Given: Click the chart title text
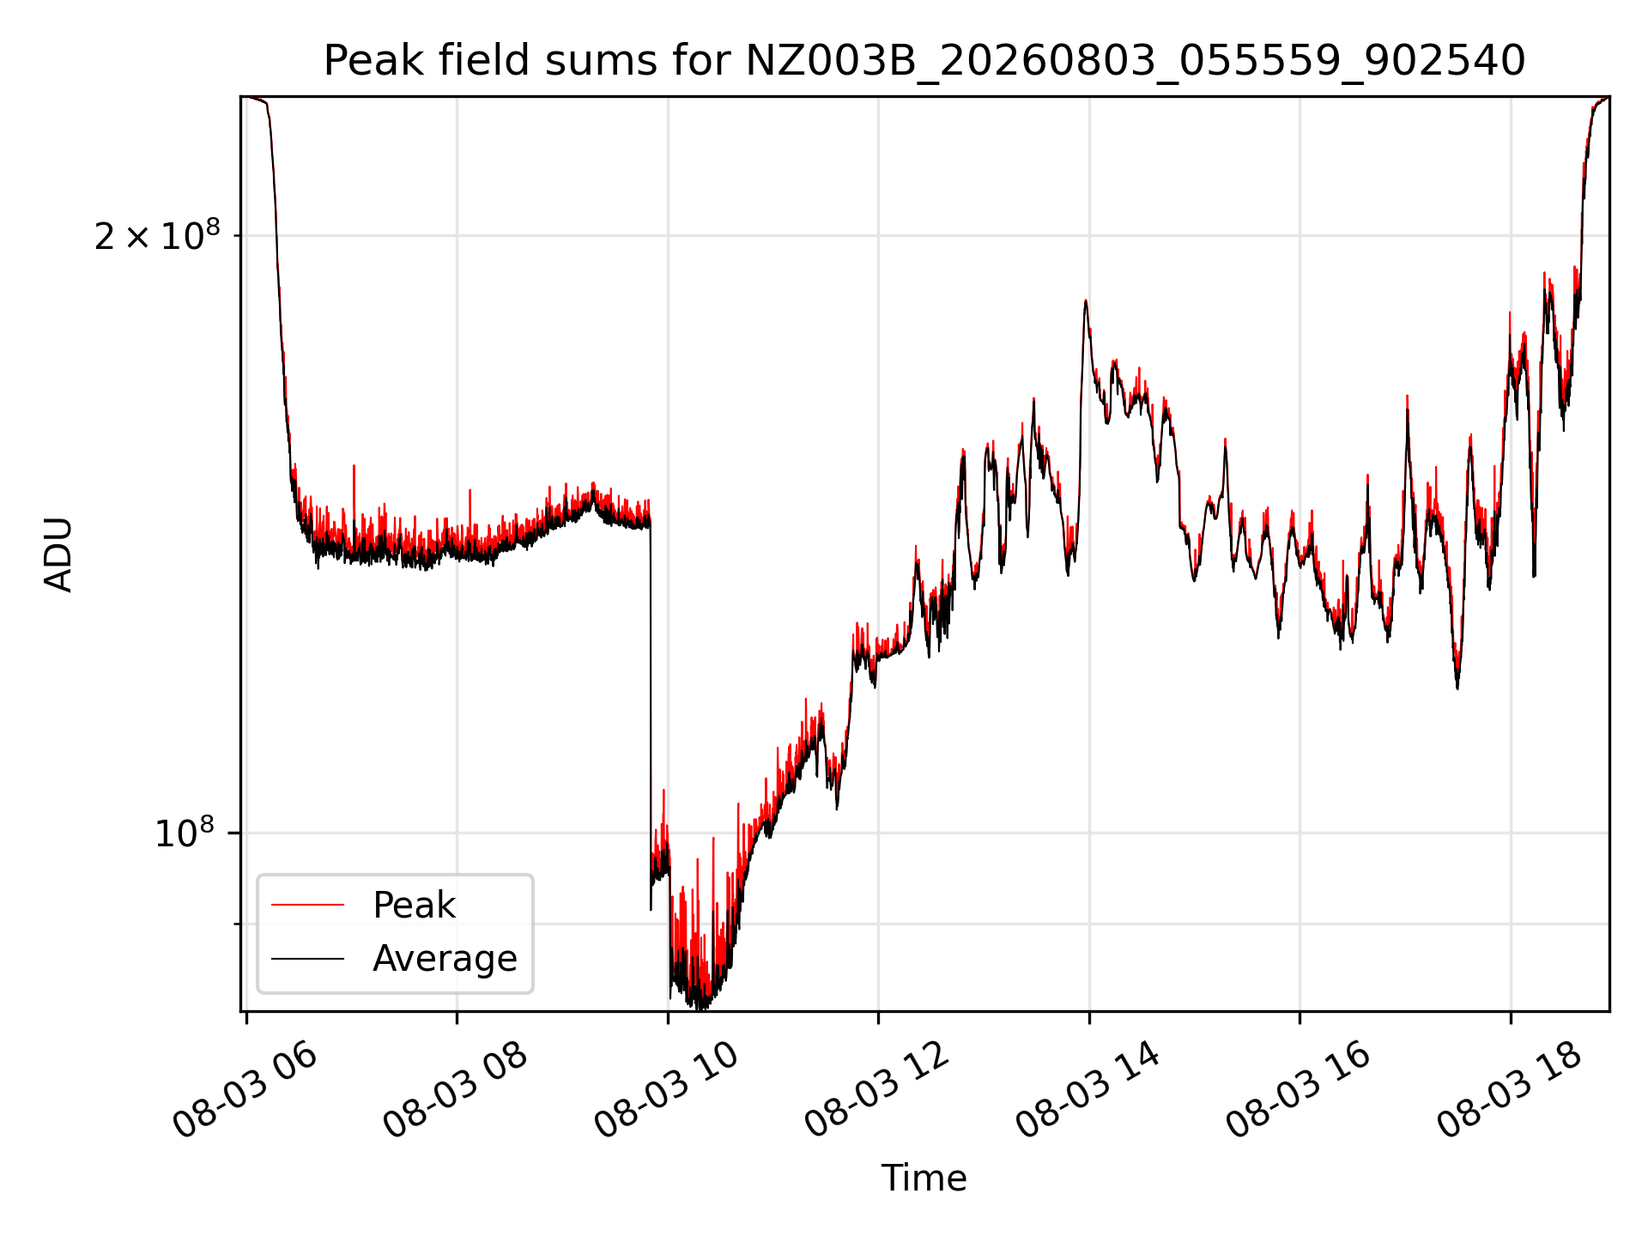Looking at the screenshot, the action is click(x=924, y=61).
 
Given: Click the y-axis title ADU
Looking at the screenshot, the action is click(x=58, y=554).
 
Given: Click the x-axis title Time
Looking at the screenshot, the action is click(x=924, y=1178).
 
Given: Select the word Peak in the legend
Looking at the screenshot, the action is click(x=414, y=906).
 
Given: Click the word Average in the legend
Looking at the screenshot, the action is click(x=445, y=959).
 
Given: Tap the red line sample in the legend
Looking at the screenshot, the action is click(x=307, y=906).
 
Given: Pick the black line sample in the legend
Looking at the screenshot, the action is click(x=307, y=959).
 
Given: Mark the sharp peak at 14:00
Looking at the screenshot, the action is click(x=1086, y=301).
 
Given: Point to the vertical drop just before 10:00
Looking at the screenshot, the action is click(x=651, y=712).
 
